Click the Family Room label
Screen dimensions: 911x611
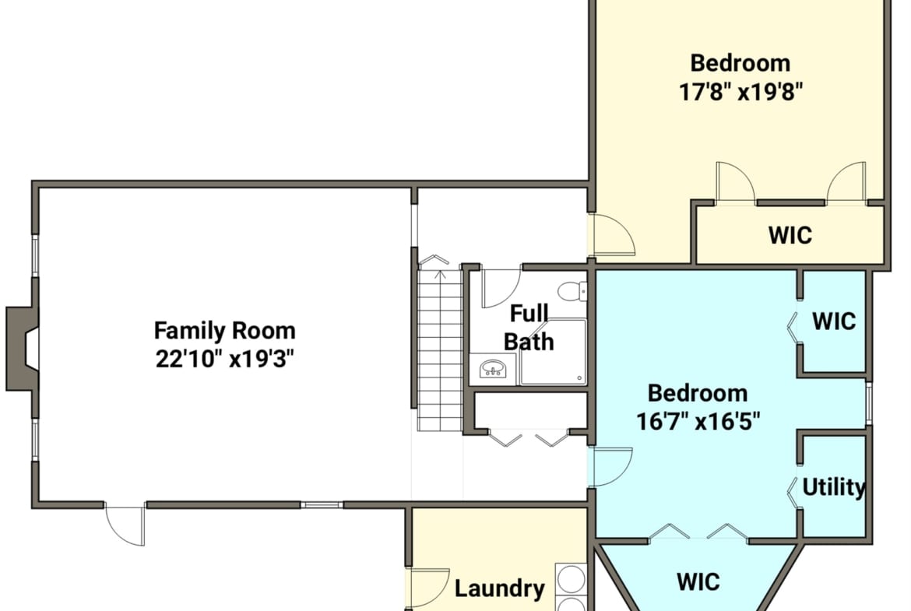click(225, 331)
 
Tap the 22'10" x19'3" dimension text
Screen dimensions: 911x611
click(225, 359)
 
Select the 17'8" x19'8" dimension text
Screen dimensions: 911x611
click(740, 91)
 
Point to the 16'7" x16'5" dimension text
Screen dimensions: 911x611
click(698, 421)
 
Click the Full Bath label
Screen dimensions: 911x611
click(528, 328)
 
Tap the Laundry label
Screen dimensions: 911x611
click(500, 589)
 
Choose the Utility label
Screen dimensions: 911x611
click(834, 486)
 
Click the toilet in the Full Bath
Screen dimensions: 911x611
click(573, 291)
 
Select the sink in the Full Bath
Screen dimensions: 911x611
click(493, 369)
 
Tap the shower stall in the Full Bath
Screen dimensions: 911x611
click(553, 351)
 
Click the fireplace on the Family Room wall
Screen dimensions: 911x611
click(22, 349)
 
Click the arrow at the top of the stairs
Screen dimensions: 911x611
click(441, 274)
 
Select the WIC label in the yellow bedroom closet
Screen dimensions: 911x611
click(790, 235)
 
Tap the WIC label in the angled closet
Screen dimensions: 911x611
click(698, 581)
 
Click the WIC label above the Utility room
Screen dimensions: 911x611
click(835, 321)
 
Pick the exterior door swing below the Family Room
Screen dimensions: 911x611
click(125, 525)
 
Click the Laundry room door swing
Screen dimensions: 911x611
click(430, 588)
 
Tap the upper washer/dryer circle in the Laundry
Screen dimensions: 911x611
click(571, 579)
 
